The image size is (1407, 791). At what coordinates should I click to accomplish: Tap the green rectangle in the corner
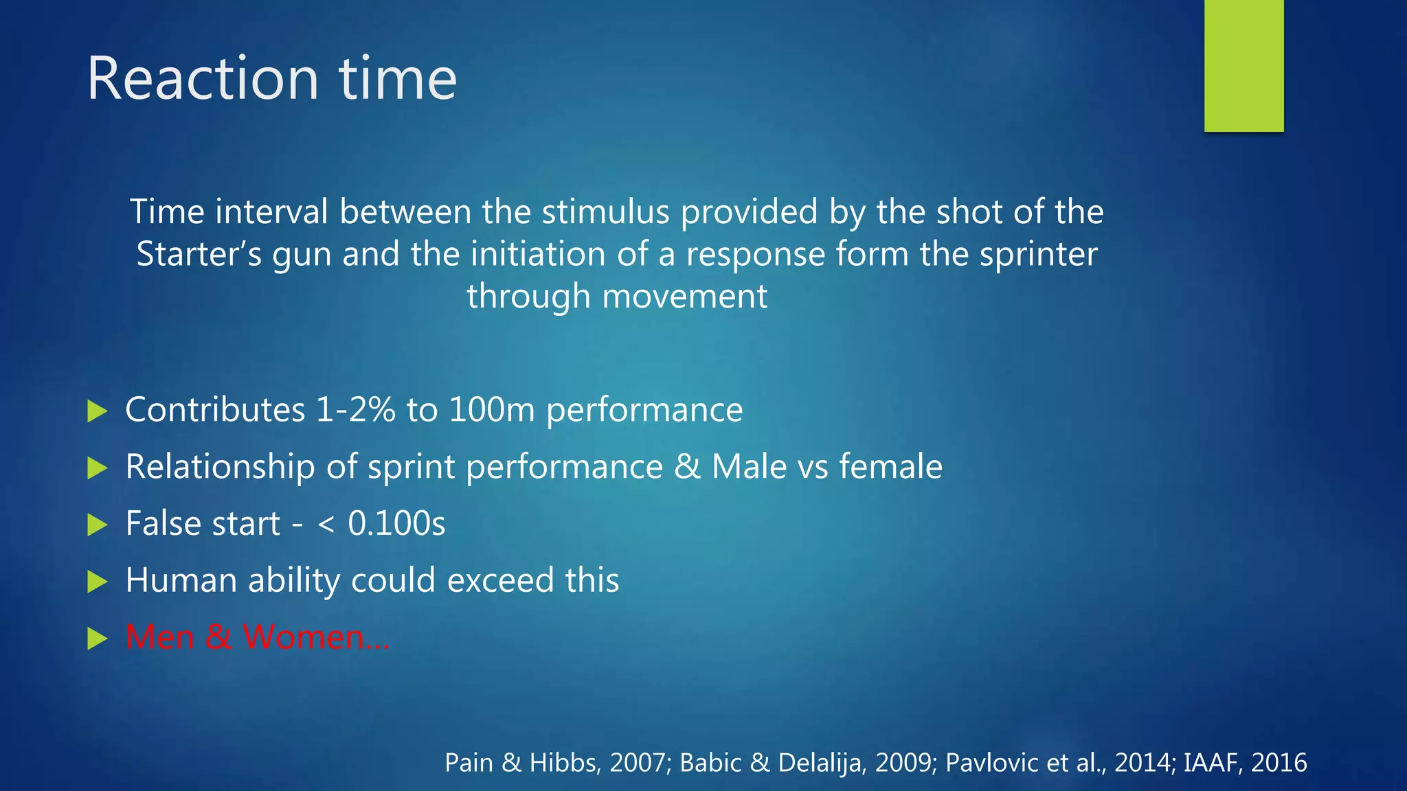click(1243, 66)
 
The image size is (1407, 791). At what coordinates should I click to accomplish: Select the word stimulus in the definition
click(605, 211)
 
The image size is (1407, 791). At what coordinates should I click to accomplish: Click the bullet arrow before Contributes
click(98, 411)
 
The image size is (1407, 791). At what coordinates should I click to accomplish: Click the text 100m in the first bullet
click(491, 410)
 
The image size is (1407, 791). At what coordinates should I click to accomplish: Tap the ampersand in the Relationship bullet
click(686, 467)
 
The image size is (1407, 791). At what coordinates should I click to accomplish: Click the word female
click(890, 467)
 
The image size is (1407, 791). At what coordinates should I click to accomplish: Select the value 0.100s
click(396, 524)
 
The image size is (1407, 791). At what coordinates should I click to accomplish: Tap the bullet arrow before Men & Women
click(98, 639)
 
